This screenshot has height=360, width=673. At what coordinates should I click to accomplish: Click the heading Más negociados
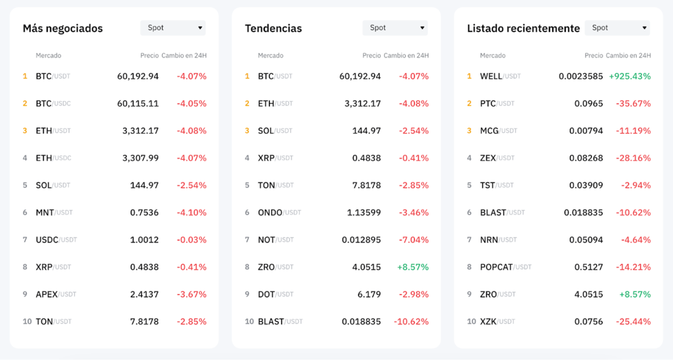tap(63, 28)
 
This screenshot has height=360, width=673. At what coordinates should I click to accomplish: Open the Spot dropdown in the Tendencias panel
tap(395, 28)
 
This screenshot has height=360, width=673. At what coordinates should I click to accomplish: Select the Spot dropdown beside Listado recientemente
tap(617, 28)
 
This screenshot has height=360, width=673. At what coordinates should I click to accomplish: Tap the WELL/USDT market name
tap(500, 76)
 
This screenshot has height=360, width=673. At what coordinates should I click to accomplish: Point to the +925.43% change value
tap(630, 76)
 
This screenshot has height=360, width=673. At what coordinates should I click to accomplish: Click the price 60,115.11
tap(138, 103)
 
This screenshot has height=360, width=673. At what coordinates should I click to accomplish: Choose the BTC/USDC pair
tap(53, 103)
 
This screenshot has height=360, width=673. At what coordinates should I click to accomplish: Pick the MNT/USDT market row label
tap(54, 212)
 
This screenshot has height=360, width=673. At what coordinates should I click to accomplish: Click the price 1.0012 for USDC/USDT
tap(144, 240)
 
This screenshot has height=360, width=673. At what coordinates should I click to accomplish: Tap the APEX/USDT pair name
tap(56, 294)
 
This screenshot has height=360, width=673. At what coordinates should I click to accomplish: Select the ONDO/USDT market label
tap(280, 212)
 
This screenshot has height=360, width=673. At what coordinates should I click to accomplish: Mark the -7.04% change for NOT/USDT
tap(414, 240)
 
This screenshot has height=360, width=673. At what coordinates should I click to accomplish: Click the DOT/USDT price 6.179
tap(369, 294)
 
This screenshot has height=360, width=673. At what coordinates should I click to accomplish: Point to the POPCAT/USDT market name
tap(505, 267)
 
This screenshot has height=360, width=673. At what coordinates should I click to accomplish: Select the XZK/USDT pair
tap(497, 322)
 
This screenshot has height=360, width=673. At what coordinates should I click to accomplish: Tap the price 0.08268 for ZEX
tap(586, 158)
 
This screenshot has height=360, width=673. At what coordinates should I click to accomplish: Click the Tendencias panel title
tap(273, 28)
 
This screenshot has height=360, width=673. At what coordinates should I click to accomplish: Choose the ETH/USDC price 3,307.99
tap(140, 158)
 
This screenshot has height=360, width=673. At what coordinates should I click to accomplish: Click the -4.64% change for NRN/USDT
tap(635, 240)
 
